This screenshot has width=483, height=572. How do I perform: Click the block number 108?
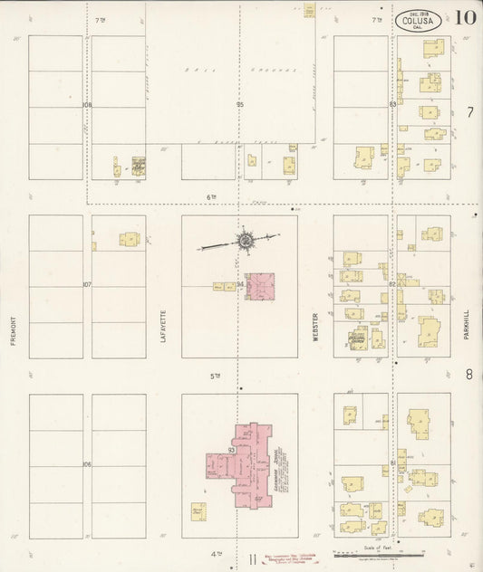(x=87, y=105)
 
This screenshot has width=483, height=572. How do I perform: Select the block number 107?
(x=87, y=284)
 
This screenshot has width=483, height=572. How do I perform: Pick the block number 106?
(x=87, y=464)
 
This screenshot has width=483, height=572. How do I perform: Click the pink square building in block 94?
(x=261, y=288)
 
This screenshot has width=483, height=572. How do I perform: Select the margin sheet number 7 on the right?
(x=469, y=113)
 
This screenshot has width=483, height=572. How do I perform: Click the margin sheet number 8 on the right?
(x=469, y=373)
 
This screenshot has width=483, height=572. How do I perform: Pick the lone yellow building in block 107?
(x=130, y=240)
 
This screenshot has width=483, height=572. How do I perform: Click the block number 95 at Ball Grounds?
(x=240, y=105)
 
